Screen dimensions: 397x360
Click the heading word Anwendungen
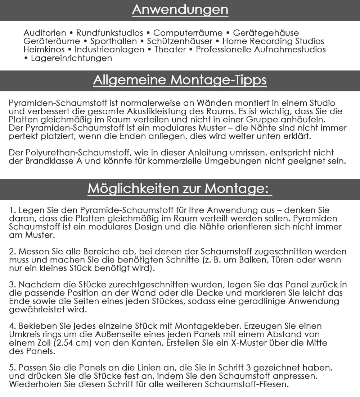point(180,9)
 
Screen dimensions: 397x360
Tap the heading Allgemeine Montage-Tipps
point(180,80)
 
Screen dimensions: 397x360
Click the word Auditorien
point(45,33)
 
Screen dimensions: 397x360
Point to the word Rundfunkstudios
point(110,33)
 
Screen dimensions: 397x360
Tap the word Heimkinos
point(44,50)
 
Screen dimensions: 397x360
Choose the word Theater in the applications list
point(170,50)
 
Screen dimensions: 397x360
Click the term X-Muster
point(246,343)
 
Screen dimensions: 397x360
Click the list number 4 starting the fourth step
point(11,326)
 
